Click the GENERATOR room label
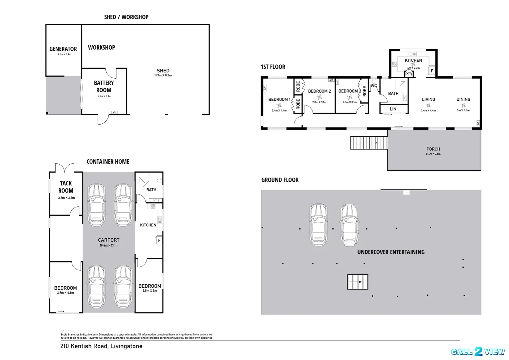63,49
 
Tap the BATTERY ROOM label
104,87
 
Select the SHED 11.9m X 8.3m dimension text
163,75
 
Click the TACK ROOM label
66,187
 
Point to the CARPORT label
109,240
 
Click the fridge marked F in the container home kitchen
159,240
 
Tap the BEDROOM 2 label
319,91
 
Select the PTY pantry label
409,74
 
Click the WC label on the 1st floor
374,86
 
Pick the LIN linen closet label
393,109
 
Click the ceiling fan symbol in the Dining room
463,105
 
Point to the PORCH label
433,149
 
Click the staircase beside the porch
369,143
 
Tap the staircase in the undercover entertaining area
358,282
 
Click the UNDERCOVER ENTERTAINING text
391,252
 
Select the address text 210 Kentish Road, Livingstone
101,346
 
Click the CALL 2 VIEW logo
478,352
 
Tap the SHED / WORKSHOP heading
126,17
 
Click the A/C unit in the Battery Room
114,112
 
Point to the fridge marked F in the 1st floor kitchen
432,71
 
